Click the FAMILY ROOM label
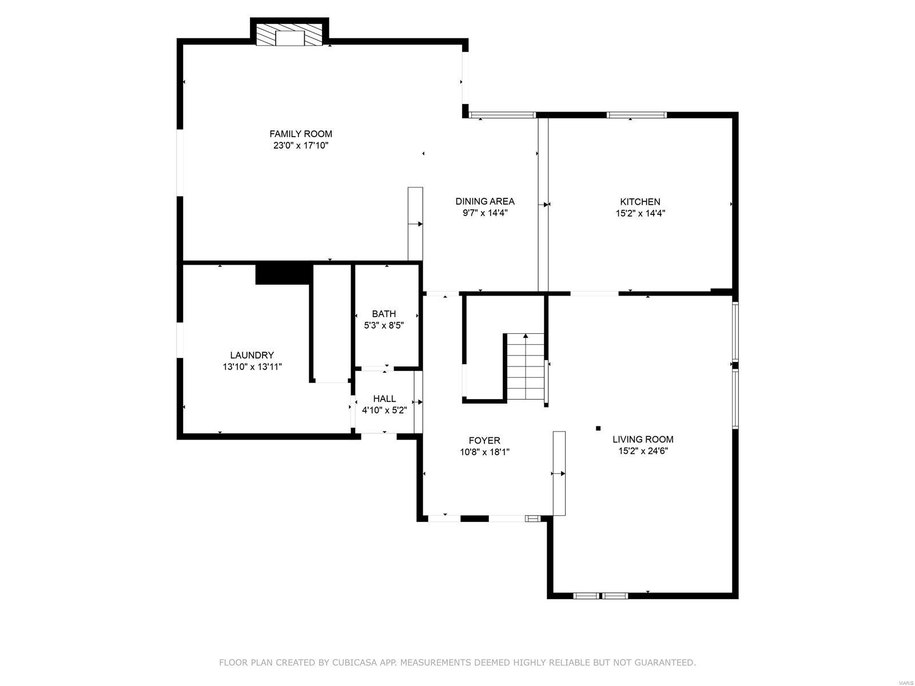(301, 134)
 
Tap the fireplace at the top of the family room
(291, 35)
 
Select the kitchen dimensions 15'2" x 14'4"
(640, 213)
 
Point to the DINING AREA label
(485, 201)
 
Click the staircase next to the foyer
(525, 367)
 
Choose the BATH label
(384, 314)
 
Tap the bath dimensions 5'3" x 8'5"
(384, 325)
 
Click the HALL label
(384, 398)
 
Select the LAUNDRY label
(252, 355)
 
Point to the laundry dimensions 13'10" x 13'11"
(252, 367)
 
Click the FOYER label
(484, 440)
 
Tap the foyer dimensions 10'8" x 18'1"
(484, 452)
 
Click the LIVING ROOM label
(643, 439)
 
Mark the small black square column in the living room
(598, 428)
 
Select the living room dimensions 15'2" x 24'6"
(643, 451)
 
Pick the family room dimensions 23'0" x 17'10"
(301, 146)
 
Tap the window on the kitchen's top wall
(636, 115)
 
